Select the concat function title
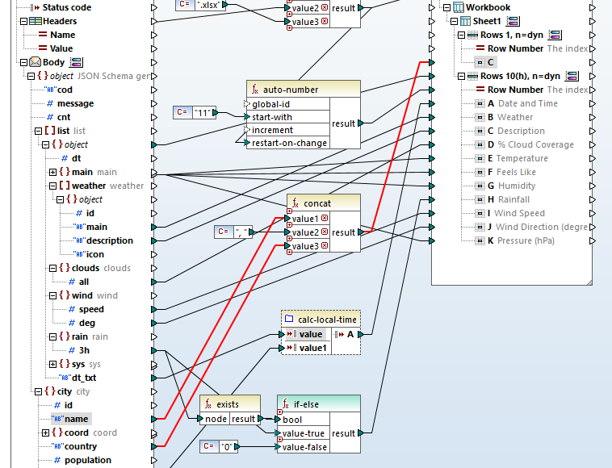point(316,203)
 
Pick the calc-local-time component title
point(326,320)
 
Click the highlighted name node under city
point(77,419)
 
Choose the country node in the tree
point(81,446)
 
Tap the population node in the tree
point(88,460)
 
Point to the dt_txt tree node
point(84,378)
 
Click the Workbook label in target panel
point(488,7)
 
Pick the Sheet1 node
point(487,21)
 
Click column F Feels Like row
point(517,172)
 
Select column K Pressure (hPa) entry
point(526,240)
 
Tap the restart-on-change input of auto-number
point(289,143)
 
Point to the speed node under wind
point(91,309)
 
